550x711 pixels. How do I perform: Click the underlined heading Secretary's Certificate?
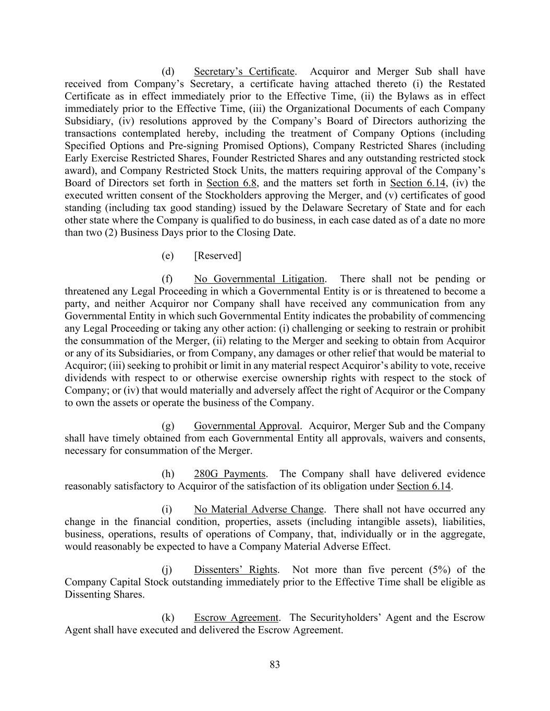click(244, 71)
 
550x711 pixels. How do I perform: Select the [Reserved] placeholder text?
click(217, 256)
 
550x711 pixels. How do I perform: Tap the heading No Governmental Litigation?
click(259, 279)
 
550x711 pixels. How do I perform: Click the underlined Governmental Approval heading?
click(247, 426)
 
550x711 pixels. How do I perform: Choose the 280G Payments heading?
click(229, 474)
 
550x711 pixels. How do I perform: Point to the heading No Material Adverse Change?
click(259, 509)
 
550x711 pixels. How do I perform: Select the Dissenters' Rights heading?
click(236, 570)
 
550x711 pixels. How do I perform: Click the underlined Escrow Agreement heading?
click(236, 618)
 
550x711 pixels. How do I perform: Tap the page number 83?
click(275, 665)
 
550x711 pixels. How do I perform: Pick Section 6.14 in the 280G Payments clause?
click(423, 487)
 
